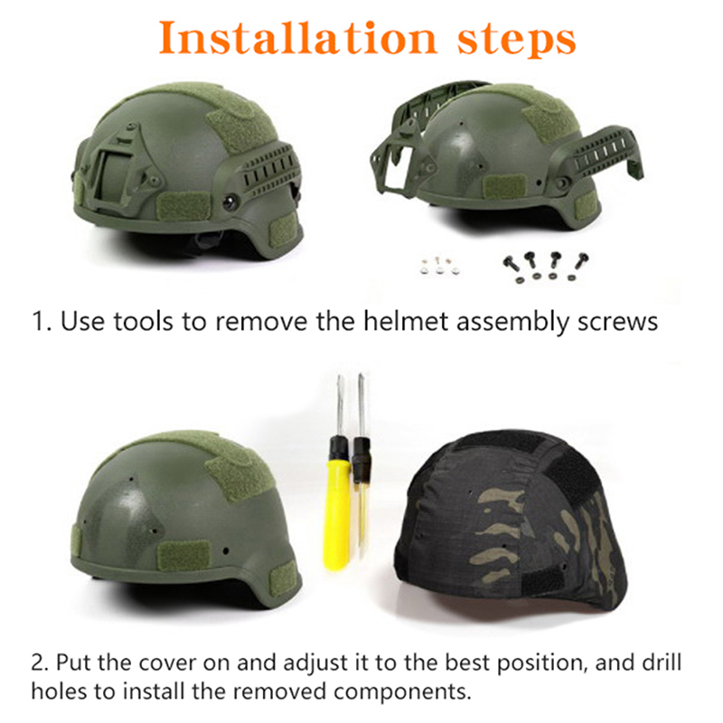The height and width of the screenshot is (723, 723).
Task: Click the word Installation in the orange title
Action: (x=297, y=38)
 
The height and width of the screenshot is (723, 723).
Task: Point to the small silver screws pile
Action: (x=440, y=266)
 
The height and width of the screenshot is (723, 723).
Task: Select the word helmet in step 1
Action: (x=405, y=321)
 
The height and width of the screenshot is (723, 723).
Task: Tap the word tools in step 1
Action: (x=144, y=322)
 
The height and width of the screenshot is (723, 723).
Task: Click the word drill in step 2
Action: (x=662, y=662)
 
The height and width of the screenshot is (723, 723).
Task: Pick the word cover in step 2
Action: (x=166, y=663)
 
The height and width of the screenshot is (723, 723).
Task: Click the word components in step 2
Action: (x=400, y=692)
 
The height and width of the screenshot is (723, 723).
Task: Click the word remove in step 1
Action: (x=261, y=322)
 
